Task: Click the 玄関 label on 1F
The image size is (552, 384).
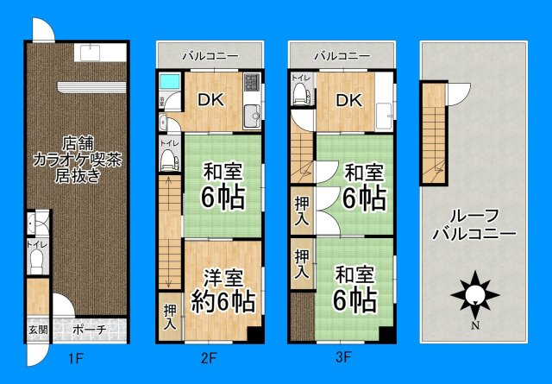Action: pyautogui.click(x=37, y=330)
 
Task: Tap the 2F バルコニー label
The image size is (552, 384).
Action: pyautogui.click(x=210, y=56)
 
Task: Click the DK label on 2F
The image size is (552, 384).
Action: pyautogui.click(x=210, y=99)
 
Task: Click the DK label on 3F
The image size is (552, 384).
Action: pyautogui.click(x=348, y=99)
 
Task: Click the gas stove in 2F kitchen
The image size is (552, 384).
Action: pyautogui.click(x=252, y=85)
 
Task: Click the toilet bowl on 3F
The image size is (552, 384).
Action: pyautogui.click(x=300, y=94)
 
